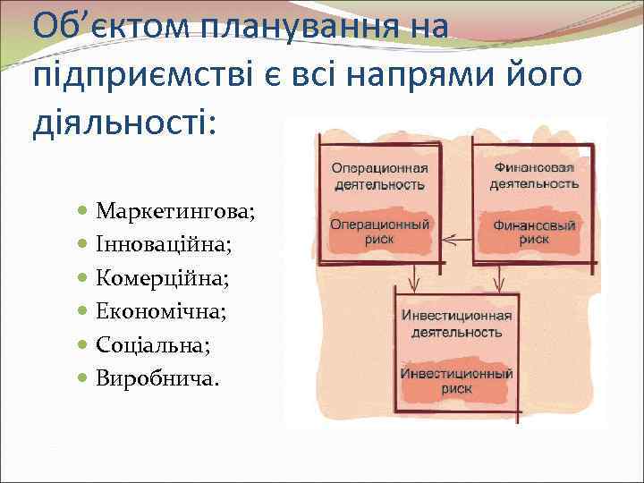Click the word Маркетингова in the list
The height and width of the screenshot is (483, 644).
point(175,212)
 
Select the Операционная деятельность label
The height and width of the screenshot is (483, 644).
point(379,176)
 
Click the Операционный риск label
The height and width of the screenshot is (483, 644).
point(379,232)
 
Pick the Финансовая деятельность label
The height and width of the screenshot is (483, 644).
point(534,175)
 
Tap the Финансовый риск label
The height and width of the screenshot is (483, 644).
point(534,232)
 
